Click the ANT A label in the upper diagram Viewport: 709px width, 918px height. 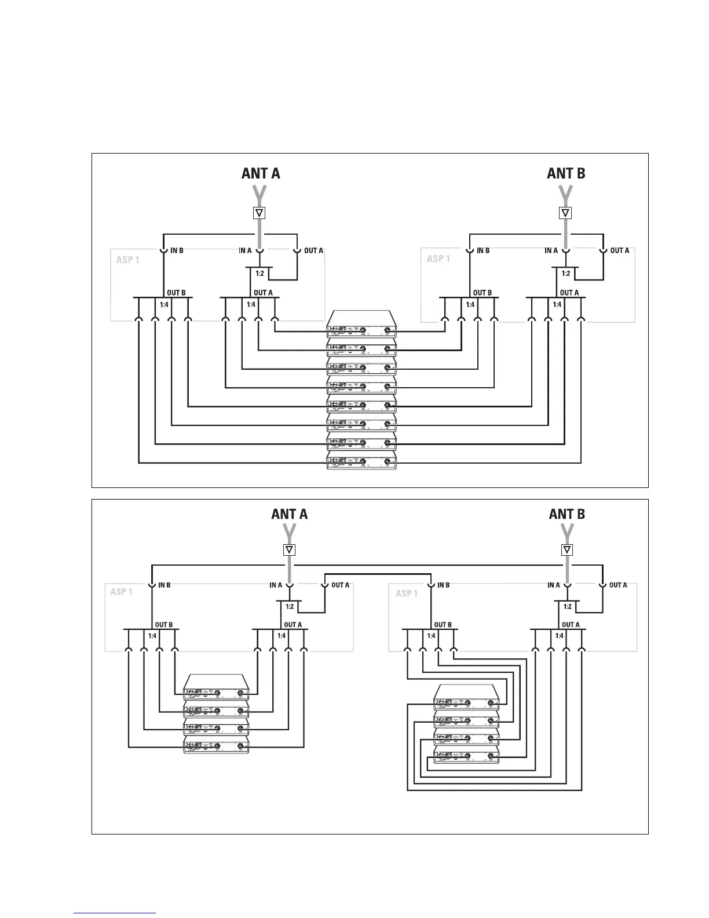click(x=261, y=173)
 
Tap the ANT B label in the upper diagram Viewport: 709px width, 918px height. click(x=566, y=173)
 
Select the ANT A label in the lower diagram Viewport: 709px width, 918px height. click(x=290, y=513)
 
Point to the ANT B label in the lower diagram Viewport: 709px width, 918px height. click(x=567, y=513)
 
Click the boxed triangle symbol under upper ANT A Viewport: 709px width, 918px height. click(x=260, y=213)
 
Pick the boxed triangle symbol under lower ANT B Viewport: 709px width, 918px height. click(x=567, y=550)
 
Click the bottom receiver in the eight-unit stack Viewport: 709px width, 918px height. click(x=361, y=462)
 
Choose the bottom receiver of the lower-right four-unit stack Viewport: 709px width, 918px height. click(x=466, y=755)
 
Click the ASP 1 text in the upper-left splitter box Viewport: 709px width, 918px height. click(x=128, y=260)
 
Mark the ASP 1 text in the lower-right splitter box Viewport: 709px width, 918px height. click(x=407, y=593)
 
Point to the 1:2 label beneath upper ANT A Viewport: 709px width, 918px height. click(x=260, y=273)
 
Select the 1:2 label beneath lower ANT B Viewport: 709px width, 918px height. click(x=567, y=606)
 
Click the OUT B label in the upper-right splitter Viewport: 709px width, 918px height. click(x=483, y=293)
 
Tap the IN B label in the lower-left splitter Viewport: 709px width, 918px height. click(x=165, y=585)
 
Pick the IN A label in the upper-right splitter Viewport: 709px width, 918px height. click(x=551, y=251)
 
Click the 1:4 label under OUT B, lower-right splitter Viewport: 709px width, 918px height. click(x=432, y=636)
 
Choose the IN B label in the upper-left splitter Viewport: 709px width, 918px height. click(x=177, y=251)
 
